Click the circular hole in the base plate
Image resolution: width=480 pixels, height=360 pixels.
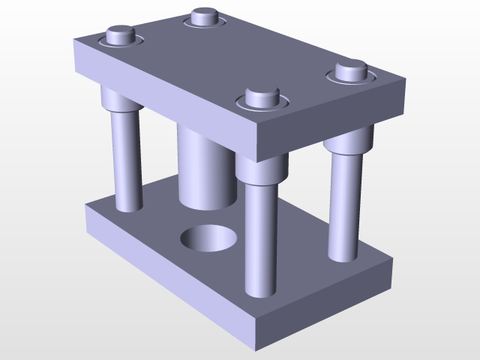tap(210, 238)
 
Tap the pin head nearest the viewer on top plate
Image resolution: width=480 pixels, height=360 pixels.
tap(260, 97)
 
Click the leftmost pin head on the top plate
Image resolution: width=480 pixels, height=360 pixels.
tap(121, 34)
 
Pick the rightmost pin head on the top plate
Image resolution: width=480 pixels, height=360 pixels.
tap(350, 71)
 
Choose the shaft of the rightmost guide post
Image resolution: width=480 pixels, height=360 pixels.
tap(343, 202)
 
